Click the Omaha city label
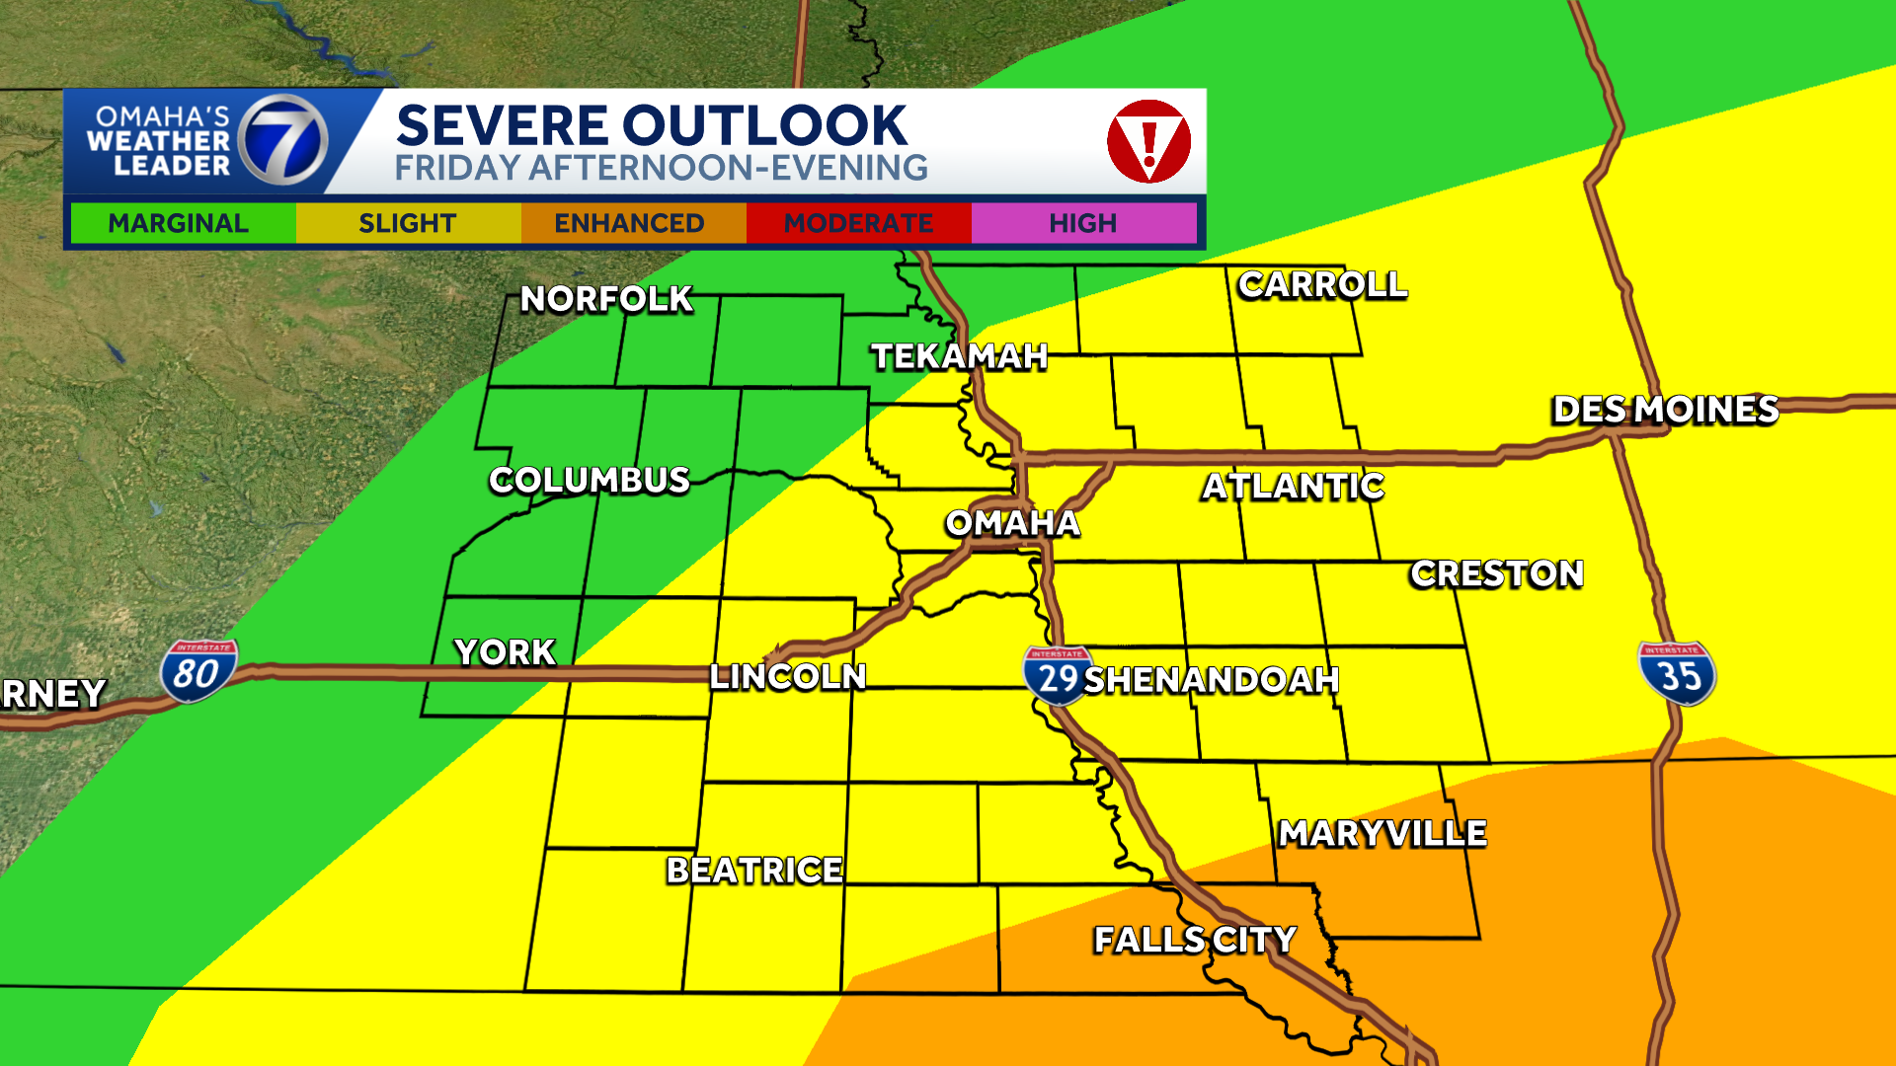tap(1012, 523)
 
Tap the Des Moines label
tap(1665, 410)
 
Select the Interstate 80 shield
tap(197, 672)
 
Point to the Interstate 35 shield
tap(1677, 674)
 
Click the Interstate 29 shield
tap(1057, 676)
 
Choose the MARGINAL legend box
tap(179, 223)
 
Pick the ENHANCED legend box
tap(630, 223)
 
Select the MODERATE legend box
tap(858, 223)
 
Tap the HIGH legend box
tap(1083, 223)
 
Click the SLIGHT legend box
tap(407, 223)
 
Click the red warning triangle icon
tap(1148, 141)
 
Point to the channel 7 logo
tap(283, 141)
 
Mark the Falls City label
tap(1195, 940)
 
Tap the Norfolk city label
tap(606, 299)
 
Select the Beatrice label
tap(754, 871)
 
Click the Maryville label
tap(1382, 834)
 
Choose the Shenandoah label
tap(1212, 680)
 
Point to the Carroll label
tap(1322, 285)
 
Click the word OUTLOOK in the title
tap(766, 126)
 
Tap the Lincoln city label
tap(788, 677)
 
